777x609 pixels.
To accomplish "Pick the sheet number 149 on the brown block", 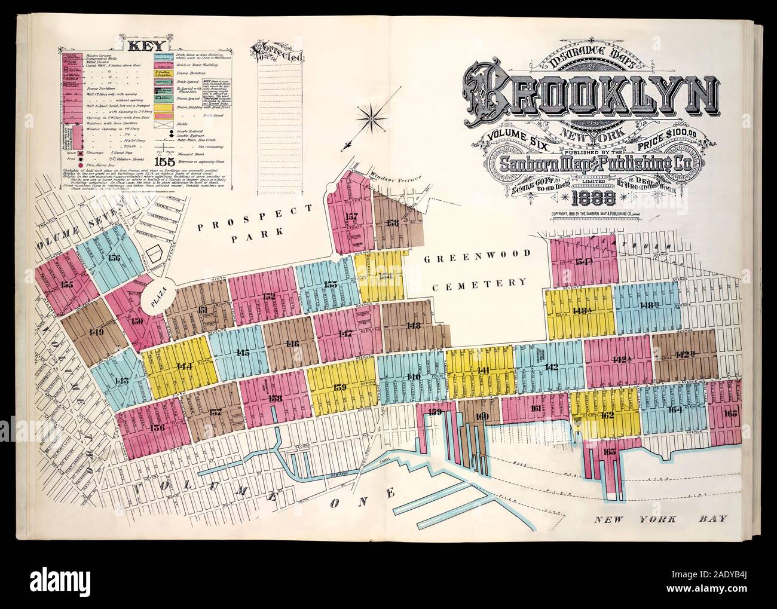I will (x=94, y=332).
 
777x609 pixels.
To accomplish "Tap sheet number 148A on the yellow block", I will (x=581, y=310).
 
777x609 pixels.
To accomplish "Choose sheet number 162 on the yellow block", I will (x=607, y=415).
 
